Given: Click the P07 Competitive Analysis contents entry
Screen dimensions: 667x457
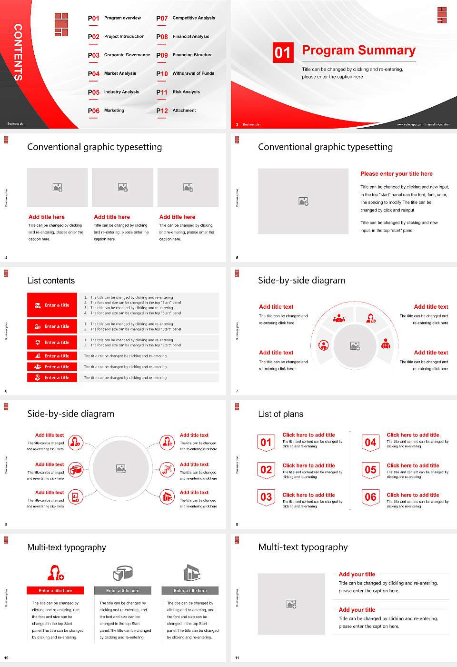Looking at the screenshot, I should [186, 18].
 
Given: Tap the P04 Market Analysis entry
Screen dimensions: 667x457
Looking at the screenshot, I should [112, 74].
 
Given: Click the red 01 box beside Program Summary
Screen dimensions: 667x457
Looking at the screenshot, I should [283, 52].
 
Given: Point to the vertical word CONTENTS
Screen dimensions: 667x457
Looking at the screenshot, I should [18, 52].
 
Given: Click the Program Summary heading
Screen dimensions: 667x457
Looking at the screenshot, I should [358, 51].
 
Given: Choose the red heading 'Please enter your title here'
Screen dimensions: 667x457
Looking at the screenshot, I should [396, 174].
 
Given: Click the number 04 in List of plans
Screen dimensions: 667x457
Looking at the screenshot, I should [370, 443].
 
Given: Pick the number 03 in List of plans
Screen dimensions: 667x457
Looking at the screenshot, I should [266, 497].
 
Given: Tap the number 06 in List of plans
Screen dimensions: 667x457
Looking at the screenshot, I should [370, 497].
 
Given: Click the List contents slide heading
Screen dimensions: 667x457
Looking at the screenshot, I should [51, 281].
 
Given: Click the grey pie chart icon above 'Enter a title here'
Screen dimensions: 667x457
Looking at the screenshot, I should [123, 573].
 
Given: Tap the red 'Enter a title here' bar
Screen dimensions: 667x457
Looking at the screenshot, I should [55, 591].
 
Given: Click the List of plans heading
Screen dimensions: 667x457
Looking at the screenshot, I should [280, 414].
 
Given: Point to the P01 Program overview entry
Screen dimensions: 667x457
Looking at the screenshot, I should [114, 18].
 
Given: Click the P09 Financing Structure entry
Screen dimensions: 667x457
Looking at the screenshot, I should [184, 55].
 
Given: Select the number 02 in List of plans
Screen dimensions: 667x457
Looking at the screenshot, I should [266, 470].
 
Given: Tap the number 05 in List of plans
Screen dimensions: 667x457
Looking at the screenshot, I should [370, 470].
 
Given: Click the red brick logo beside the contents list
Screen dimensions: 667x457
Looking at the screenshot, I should [61, 24].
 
